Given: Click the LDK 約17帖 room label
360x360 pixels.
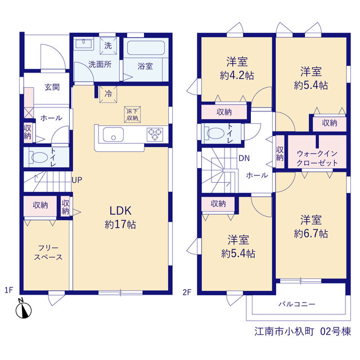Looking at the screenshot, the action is point(120,218).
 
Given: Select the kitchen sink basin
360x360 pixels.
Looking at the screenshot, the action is point(113,134).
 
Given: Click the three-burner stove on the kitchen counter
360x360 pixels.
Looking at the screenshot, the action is point(155,134).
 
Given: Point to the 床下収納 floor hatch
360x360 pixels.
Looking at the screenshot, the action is point(133,114).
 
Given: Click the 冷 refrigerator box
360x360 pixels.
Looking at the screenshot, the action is point(109,94).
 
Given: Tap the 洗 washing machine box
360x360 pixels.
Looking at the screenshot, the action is point(108,46).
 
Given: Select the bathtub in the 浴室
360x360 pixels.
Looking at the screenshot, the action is point(146,48).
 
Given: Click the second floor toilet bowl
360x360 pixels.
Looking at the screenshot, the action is point(215,133).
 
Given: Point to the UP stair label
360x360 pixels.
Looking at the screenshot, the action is point(77,180).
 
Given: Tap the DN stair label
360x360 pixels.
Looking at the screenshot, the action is point(244,158).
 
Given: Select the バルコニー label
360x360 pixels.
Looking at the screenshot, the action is point(297,304).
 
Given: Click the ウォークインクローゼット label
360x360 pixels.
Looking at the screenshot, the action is point(317,158).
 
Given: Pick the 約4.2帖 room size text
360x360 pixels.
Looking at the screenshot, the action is point(237,75).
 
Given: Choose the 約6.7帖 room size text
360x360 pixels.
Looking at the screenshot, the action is point(311,233).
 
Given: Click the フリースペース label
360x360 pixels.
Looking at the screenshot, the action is point(48,253).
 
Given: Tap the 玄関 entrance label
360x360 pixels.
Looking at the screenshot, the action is point(52,87).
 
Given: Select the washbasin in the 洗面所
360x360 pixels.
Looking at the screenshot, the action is point(84,43).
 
